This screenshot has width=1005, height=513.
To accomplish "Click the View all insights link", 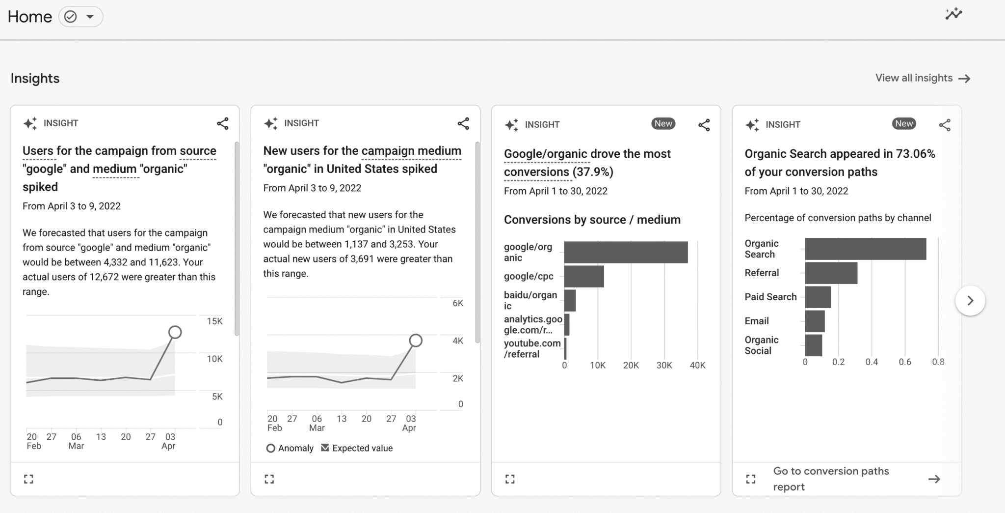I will [923, 78].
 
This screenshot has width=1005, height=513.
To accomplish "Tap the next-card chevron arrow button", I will [970, 301].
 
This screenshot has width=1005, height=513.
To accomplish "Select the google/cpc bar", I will [584, 277].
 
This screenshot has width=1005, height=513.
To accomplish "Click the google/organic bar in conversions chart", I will [626, 252].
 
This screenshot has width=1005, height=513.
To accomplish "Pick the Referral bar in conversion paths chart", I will [831, 273].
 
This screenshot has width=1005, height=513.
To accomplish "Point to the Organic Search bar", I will [865, 249].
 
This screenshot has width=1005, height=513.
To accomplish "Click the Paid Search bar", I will [818, 297].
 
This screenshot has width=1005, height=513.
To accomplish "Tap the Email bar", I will [815, 321].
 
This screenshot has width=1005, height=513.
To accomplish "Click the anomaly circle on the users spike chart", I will [175, 333].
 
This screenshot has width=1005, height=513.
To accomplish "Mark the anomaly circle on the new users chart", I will [416, 341].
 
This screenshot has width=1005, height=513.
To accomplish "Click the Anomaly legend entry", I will [290, 448].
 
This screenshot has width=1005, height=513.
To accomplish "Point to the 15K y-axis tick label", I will [214, 321].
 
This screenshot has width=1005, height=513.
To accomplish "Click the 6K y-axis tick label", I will [457, 303].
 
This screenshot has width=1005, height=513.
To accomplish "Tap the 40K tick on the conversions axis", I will [697, 366].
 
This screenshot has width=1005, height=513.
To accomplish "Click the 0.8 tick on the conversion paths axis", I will [938, 362].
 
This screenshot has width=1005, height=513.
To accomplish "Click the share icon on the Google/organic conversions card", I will [704, 125].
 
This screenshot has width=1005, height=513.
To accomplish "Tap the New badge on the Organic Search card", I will [903, 124].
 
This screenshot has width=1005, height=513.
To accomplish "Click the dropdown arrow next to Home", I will [90, 17].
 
